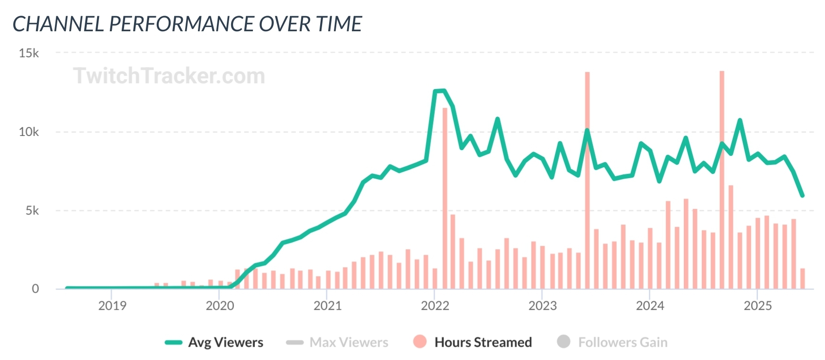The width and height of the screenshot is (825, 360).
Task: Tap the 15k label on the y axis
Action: (29, 53)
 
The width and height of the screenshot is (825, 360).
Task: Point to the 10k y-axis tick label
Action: (29, 132)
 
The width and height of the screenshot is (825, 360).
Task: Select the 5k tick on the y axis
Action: (32, 210)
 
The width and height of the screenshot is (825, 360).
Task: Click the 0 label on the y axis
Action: (36, 289)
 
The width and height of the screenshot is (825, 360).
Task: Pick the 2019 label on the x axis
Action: (112, 306)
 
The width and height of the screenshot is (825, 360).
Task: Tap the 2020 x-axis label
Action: (220, 306)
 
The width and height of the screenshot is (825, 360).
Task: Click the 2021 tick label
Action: (327, 306)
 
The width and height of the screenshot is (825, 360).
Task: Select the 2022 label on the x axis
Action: (435, 306)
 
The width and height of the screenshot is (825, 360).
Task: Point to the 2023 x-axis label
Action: (542, 306)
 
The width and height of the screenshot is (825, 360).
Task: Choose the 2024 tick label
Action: (650, 306)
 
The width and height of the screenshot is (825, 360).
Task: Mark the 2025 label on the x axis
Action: (758, 306)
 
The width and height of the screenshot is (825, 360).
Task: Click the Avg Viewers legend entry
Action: (225, 342)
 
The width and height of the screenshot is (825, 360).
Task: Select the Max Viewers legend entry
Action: (349, 342)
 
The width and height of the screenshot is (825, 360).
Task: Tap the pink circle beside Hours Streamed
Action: (420, 342)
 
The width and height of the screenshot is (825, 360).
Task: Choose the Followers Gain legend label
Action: (622, 342)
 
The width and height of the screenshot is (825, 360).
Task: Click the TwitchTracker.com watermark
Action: (169, 76)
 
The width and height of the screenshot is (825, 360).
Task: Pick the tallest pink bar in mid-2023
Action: (587, 180)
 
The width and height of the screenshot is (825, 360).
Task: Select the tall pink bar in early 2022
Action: (445, 199)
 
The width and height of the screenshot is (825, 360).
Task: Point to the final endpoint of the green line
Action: (802, 195)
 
